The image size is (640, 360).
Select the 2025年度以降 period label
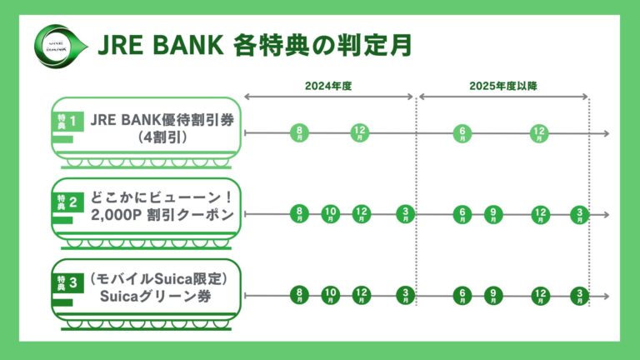click(503, 86)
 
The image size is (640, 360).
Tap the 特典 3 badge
click(67, 282)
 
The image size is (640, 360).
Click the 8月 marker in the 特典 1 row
click(299, 132)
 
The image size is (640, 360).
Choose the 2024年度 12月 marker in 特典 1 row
click(360, 132)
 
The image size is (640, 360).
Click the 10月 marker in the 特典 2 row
click(331, 214)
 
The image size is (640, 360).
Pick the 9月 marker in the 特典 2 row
click(494, 214)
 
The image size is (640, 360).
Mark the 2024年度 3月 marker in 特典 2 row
click(405, 214)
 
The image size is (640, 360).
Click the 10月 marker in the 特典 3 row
click(331, 295)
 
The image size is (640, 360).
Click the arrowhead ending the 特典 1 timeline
click(606, 132)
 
